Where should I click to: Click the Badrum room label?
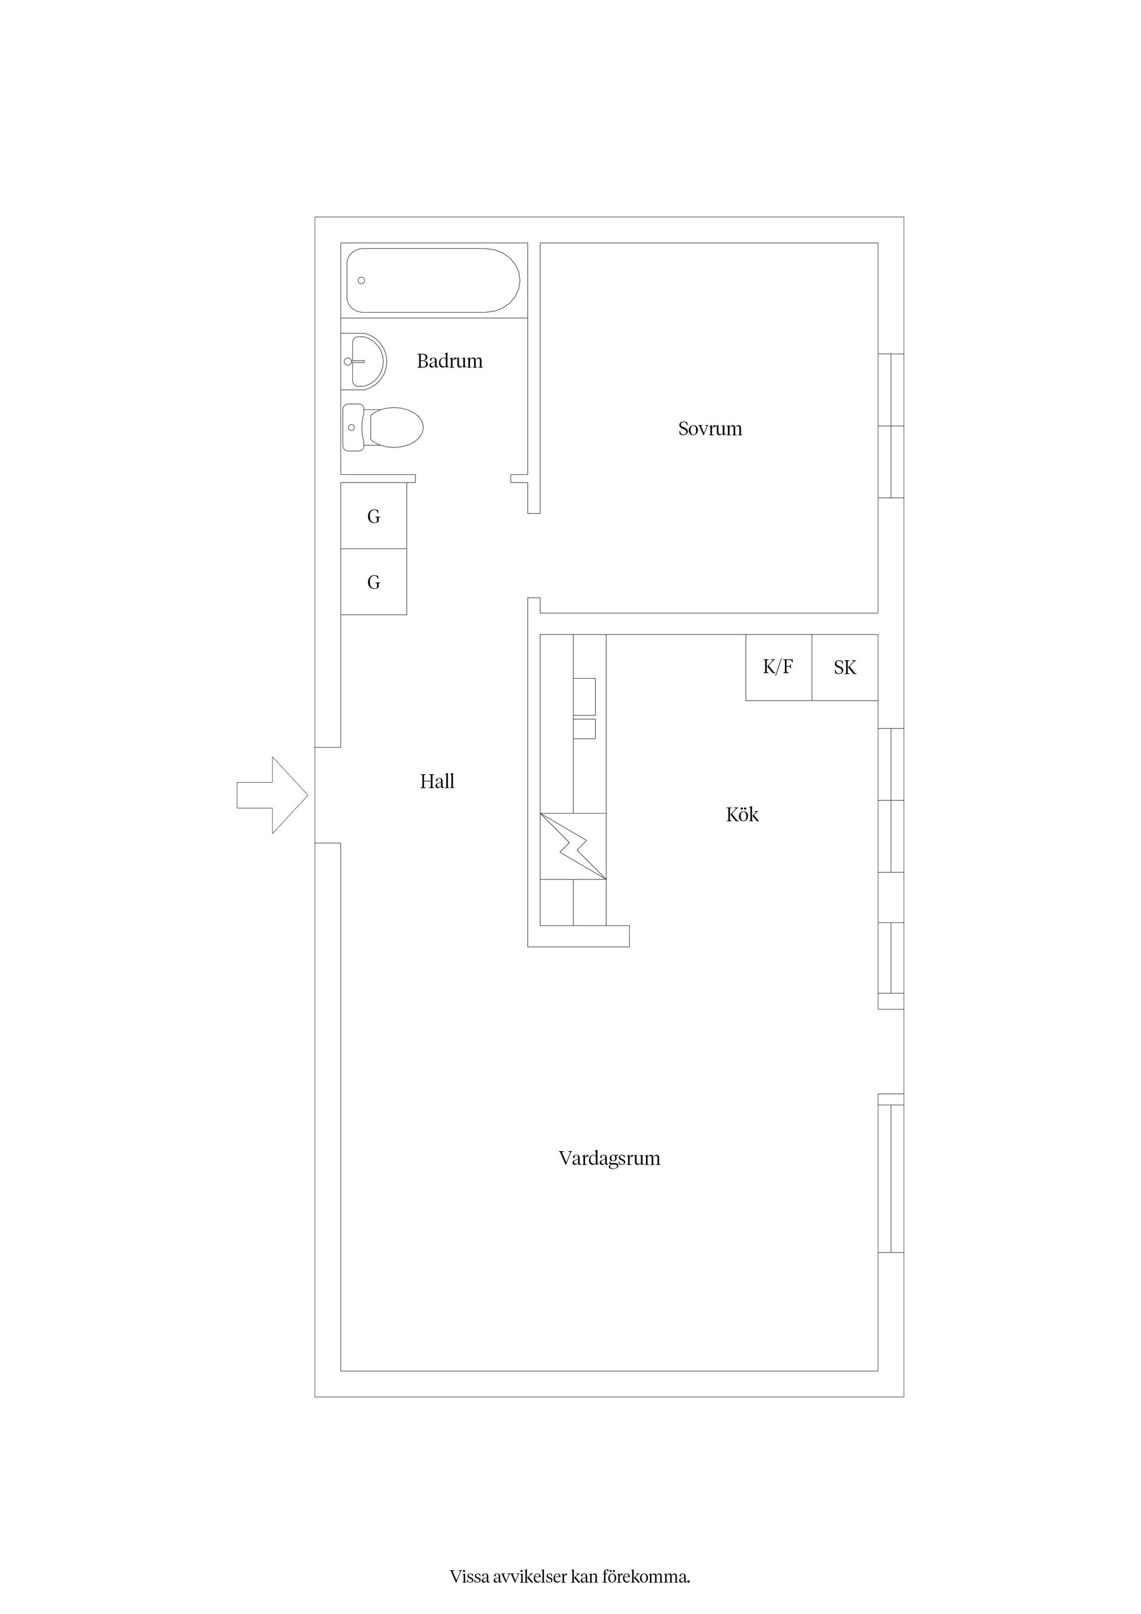click(449, 361)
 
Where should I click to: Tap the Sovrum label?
click(710, 429)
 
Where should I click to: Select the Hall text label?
click(437, 781)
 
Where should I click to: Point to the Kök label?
click(742, 814)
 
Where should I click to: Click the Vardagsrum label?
click(610, 1158)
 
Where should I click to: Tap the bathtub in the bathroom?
click(433, 280)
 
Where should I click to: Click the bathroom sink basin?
click(364, 361)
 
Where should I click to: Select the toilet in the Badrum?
click(383, 427)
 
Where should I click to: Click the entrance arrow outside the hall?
click(272, 795)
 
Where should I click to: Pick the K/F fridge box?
click(779, 667)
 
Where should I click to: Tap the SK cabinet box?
click(845, 667)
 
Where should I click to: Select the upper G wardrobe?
click(374, 516)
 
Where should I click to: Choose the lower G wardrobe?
click(374, 582)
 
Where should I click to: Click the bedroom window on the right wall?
click(891, 426)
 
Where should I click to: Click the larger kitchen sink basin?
click(585, 696)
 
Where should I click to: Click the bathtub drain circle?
click(361, 280)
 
